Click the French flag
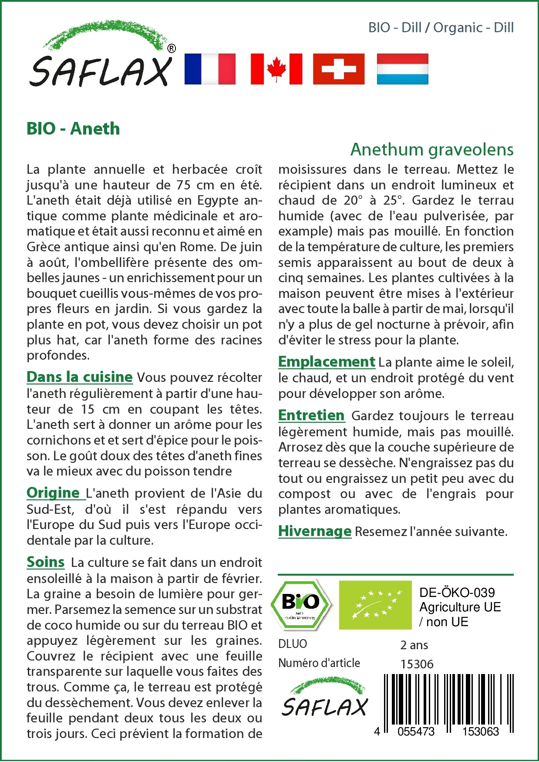click(x=210, y=69)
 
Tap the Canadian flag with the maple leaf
click(x=276, y=69)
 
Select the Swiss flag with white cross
click(x=339, y=69)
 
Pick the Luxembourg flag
click(x=402, y=69)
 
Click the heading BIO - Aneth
click(x=73, y=129)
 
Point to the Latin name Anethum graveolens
click(x=432, y=149)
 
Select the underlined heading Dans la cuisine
click(x=80, y=377)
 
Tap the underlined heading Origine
click(x=54, y=493)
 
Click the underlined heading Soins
click(x=46, y=562)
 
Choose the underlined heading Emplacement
click(x=327, y=362)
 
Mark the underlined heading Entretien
click(x=311, y=415)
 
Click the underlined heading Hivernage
click(x=315, y=531)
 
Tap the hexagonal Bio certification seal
click(x=300, y=605)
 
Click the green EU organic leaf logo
click(x=375, y=605)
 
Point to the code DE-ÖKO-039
click(x=457, y=593)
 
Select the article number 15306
click(x=417, y=664)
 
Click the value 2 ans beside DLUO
click(x=414, y=645)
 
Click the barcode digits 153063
click(x=480, y=731)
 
